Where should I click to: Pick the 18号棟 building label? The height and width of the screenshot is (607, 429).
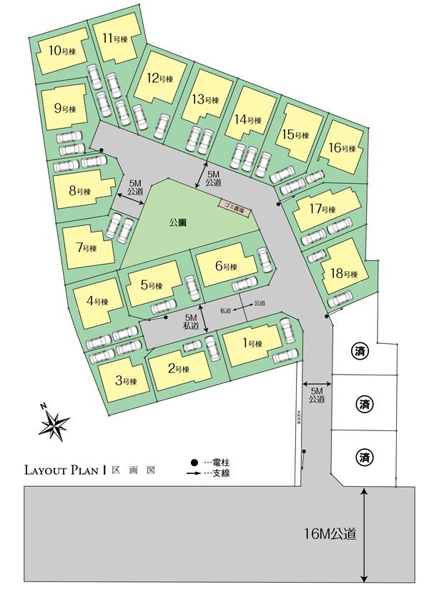coord(344,274)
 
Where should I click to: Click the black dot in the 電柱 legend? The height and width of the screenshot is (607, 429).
coord(194,463)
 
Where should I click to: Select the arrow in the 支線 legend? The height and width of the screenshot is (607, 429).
coord(194,473)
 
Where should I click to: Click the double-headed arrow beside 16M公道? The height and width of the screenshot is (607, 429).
coord(365,535)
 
